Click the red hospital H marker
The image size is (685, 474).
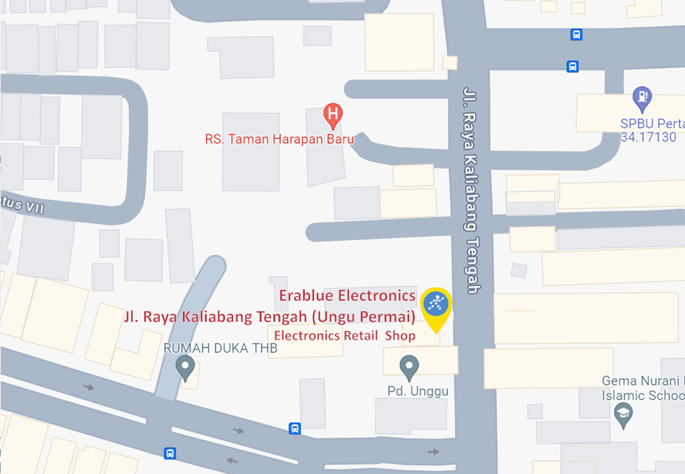333,115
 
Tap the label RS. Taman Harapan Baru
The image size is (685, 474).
279,139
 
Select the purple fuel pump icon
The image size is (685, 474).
642,96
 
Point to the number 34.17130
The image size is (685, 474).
649,137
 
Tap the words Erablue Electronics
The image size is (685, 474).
347,295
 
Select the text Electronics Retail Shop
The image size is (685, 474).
345,336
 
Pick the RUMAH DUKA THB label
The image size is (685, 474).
220,349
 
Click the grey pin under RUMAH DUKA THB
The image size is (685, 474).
185,366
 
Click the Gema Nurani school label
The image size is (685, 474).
642,381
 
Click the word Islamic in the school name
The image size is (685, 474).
622,396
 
